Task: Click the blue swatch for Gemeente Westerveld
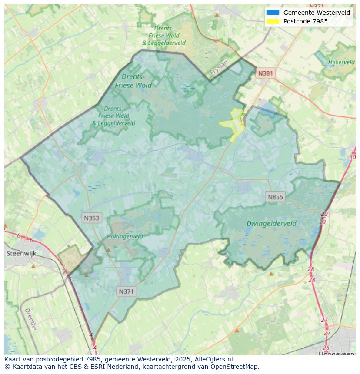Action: [x=273, y=13]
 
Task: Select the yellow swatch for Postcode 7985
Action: [x=273, y=21]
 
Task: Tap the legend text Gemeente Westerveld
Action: [x=317, y=13]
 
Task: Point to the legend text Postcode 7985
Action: [x=305, y=21]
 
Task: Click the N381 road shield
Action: [x=265, y=73]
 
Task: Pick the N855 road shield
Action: [x=275, y=197]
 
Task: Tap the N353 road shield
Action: [x=91, y=218]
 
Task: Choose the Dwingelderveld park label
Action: [x=271, y=224]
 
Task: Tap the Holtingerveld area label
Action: [x=125, y=237]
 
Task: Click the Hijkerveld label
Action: [x=341, y=62]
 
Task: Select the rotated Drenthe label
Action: [x=30, y=319]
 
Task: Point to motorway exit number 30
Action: [x=352, y=157]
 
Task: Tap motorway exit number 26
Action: [x=326, y=348]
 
